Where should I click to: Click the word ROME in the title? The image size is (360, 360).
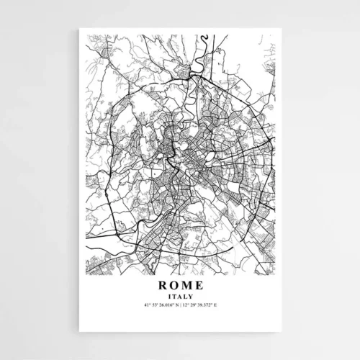coord(180,286)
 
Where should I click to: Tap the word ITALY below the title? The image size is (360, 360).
coord(180,297)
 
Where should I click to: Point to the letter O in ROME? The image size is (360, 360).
coord(173,286)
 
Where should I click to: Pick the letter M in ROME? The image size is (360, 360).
coord(186,286)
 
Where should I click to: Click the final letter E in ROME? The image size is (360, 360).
coord(199,286)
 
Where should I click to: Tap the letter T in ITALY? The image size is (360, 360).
coord(175,297)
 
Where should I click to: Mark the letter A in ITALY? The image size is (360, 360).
coord(180,297)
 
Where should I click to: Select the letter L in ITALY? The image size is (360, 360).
coord(185,297)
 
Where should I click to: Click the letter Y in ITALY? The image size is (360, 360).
coord(190,297)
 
